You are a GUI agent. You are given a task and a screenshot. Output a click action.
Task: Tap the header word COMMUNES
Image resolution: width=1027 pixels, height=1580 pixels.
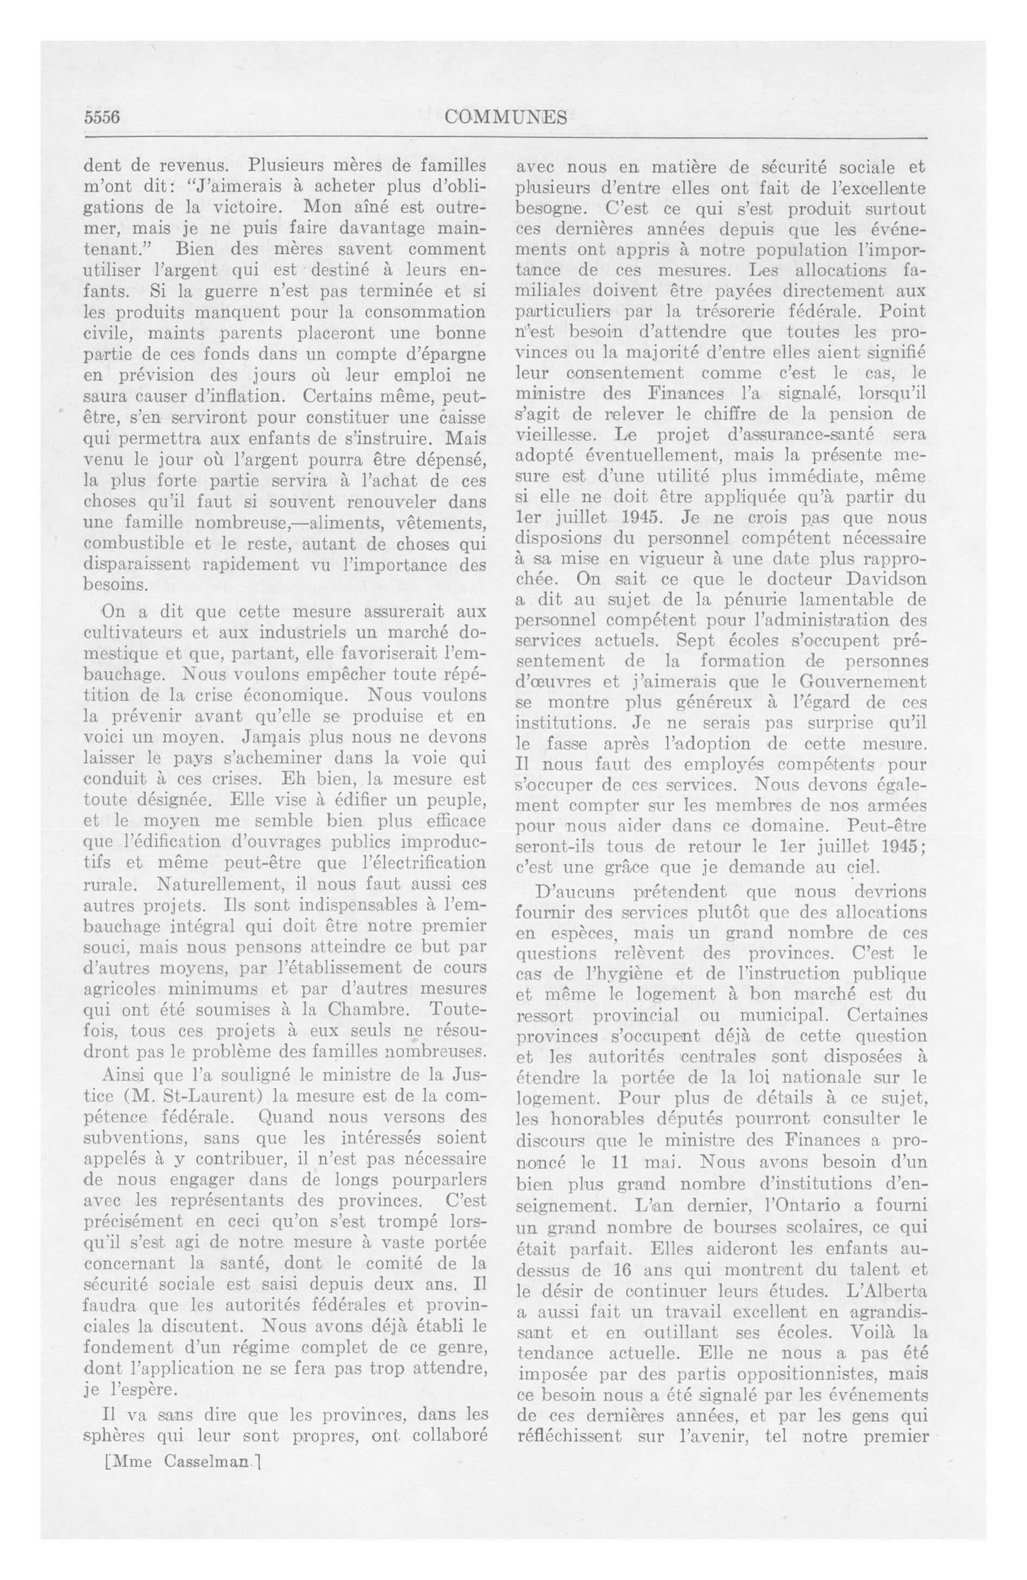click(x=506, y=117)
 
